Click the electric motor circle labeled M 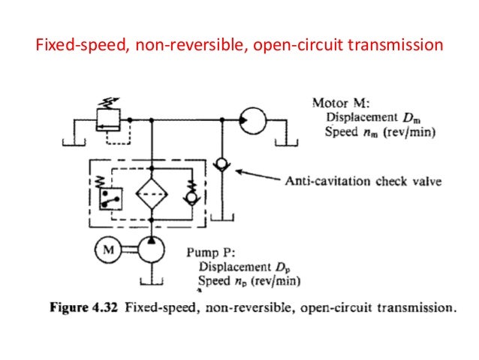coord(107,252)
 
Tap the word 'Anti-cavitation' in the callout coord(322,181)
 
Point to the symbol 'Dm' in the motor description coord(412,117)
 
